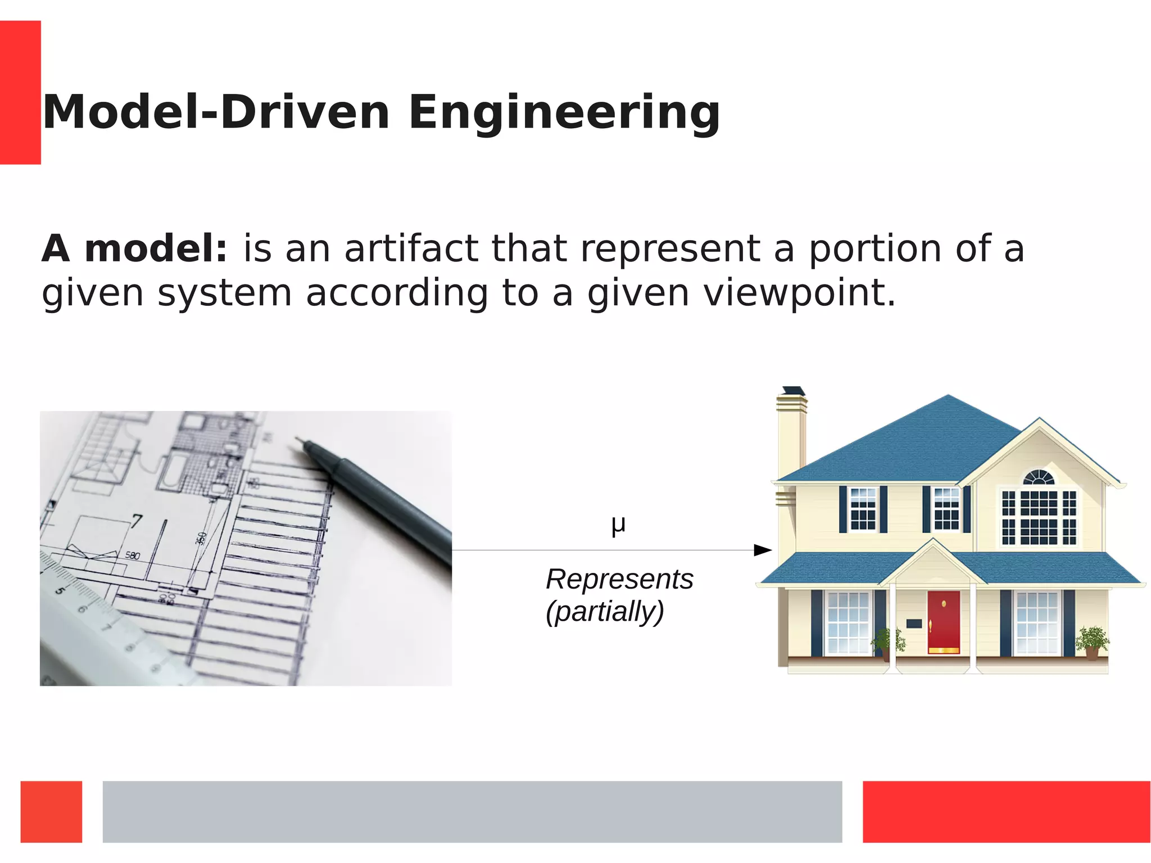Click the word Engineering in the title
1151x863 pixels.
(x=564, y=112)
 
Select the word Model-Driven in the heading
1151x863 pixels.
(x=216, y=112)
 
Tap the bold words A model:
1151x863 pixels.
(x=134, y=248)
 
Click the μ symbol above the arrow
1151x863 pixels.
(x=618, y=525)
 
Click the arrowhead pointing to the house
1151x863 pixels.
(x=763, y=550)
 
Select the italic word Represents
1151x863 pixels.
(x=619, y=579)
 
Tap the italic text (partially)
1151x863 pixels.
(x=605, y=612)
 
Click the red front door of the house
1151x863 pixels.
(x=944, y=622)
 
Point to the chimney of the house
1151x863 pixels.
(x=791, y=433)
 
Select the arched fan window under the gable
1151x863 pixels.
(x=1039, y=478)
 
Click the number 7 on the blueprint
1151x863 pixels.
(x=137, y=521)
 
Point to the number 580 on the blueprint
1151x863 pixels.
(x=133, y=555)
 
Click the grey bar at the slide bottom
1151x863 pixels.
(x=472, y=811)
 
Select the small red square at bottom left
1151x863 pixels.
(x=51, y=811)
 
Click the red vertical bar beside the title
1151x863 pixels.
(x=20, y=92)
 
